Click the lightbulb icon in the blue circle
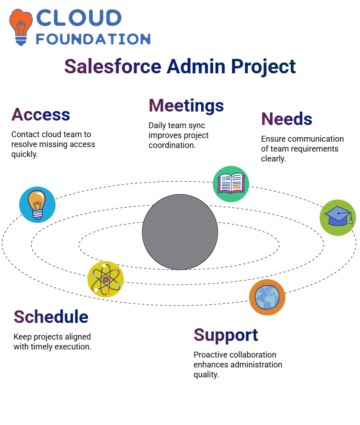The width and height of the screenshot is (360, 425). [37, 205]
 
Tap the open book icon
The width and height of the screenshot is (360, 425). [231, 184]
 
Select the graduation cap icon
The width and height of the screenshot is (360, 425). [338, 218]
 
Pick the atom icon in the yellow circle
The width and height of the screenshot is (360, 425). [106, 279]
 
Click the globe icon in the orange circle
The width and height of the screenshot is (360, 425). [267, 297]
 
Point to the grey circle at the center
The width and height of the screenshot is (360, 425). [180, 232]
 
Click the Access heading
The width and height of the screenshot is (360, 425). [40, 114]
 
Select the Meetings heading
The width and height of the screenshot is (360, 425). [186, 106]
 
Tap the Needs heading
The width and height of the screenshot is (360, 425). [287, 119]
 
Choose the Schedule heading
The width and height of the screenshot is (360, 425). [51, 317]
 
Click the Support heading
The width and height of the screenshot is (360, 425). [226, 336]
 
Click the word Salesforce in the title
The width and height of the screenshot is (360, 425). [113, 67]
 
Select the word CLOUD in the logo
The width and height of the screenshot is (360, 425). [79, 18]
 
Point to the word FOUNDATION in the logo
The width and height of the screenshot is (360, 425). [93, 39]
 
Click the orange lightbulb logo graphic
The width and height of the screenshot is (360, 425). [21, 27]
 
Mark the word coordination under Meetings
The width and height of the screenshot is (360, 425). [172, 145]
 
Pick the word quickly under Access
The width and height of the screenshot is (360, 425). [24, 155]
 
